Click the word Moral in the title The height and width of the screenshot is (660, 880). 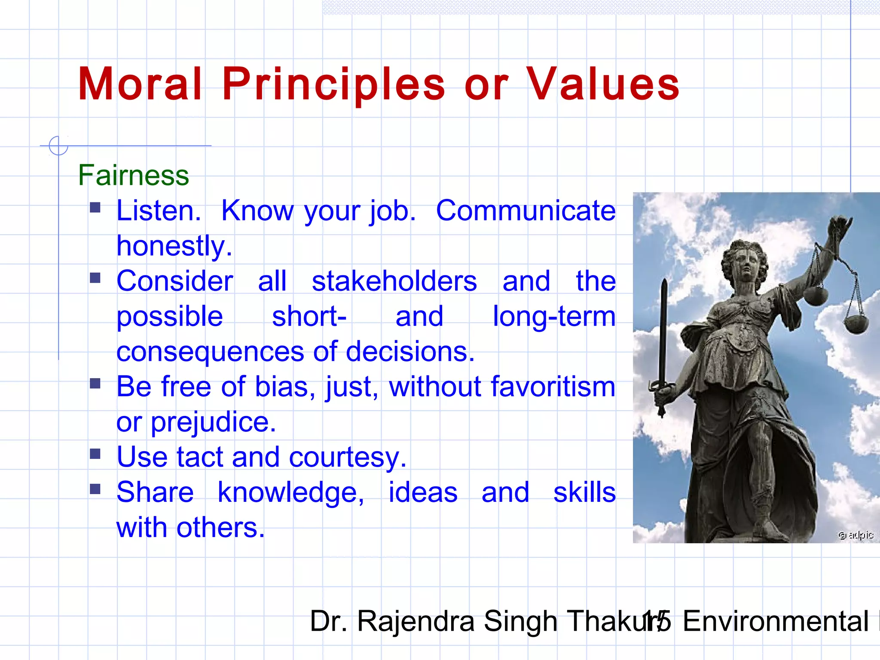click(140, 85)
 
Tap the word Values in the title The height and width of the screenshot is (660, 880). click(602, 85)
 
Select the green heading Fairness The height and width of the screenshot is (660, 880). click(133, 175)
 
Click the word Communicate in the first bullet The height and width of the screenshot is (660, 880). click(526, 211)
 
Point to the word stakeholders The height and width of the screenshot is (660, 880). click(394, 281)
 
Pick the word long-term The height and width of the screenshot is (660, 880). click(554, 317)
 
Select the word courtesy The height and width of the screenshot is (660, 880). click(347, 457)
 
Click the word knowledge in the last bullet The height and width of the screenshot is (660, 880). click(290, 492)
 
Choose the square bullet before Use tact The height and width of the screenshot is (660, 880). click(95, 454)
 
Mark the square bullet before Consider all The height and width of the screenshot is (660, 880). click(95, 278)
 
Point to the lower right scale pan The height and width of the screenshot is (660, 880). click(856, 324)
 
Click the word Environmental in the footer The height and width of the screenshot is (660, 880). click(776, 621)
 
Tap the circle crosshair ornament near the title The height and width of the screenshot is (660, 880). click(58, 146)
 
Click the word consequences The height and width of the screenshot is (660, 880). click(210, 352)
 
